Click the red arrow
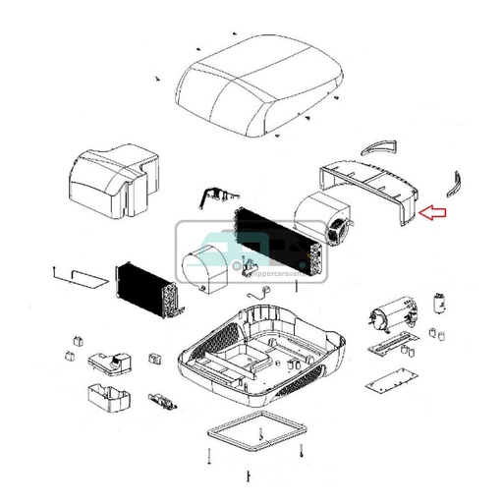[x=433, y=211]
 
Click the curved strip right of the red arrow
[x=455, y=184]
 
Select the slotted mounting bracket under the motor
[x=392, y=345]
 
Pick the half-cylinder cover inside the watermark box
[x=202, y=265]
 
